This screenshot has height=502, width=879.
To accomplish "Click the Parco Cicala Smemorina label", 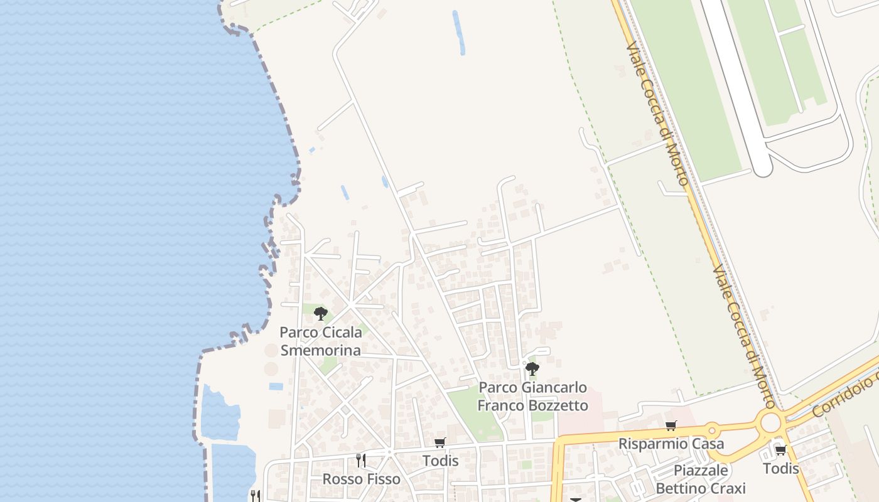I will click(x=320, y=341).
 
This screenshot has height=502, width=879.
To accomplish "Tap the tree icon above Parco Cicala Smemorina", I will click(x=321, y=313).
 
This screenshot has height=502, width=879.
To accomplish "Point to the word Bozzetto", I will click(x=558, y=405).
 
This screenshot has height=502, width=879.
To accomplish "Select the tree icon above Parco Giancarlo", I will click(x=532, y=368).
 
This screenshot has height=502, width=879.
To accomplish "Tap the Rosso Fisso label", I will click(x=361, y=479).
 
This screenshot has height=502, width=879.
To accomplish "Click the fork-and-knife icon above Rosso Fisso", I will click(x=360, y=460).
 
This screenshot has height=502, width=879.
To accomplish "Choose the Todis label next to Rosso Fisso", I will click(x=440, y=461).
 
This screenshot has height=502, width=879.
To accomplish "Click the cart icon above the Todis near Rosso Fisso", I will click(x=440, y=442).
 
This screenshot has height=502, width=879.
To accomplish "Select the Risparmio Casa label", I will click(x=671, y=444).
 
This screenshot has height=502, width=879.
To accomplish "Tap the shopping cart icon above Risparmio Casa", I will click(x=671, y=426).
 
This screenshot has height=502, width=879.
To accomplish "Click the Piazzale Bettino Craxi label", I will click(x=701, y=479).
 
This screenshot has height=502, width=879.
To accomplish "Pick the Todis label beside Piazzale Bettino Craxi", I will click(x=781, y=468).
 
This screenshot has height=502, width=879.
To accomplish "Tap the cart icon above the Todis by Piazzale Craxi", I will click(x=780, y=450).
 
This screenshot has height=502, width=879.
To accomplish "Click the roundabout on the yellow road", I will click(x=770, y=423).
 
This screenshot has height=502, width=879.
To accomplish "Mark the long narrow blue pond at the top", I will click(x=459, y=33).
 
